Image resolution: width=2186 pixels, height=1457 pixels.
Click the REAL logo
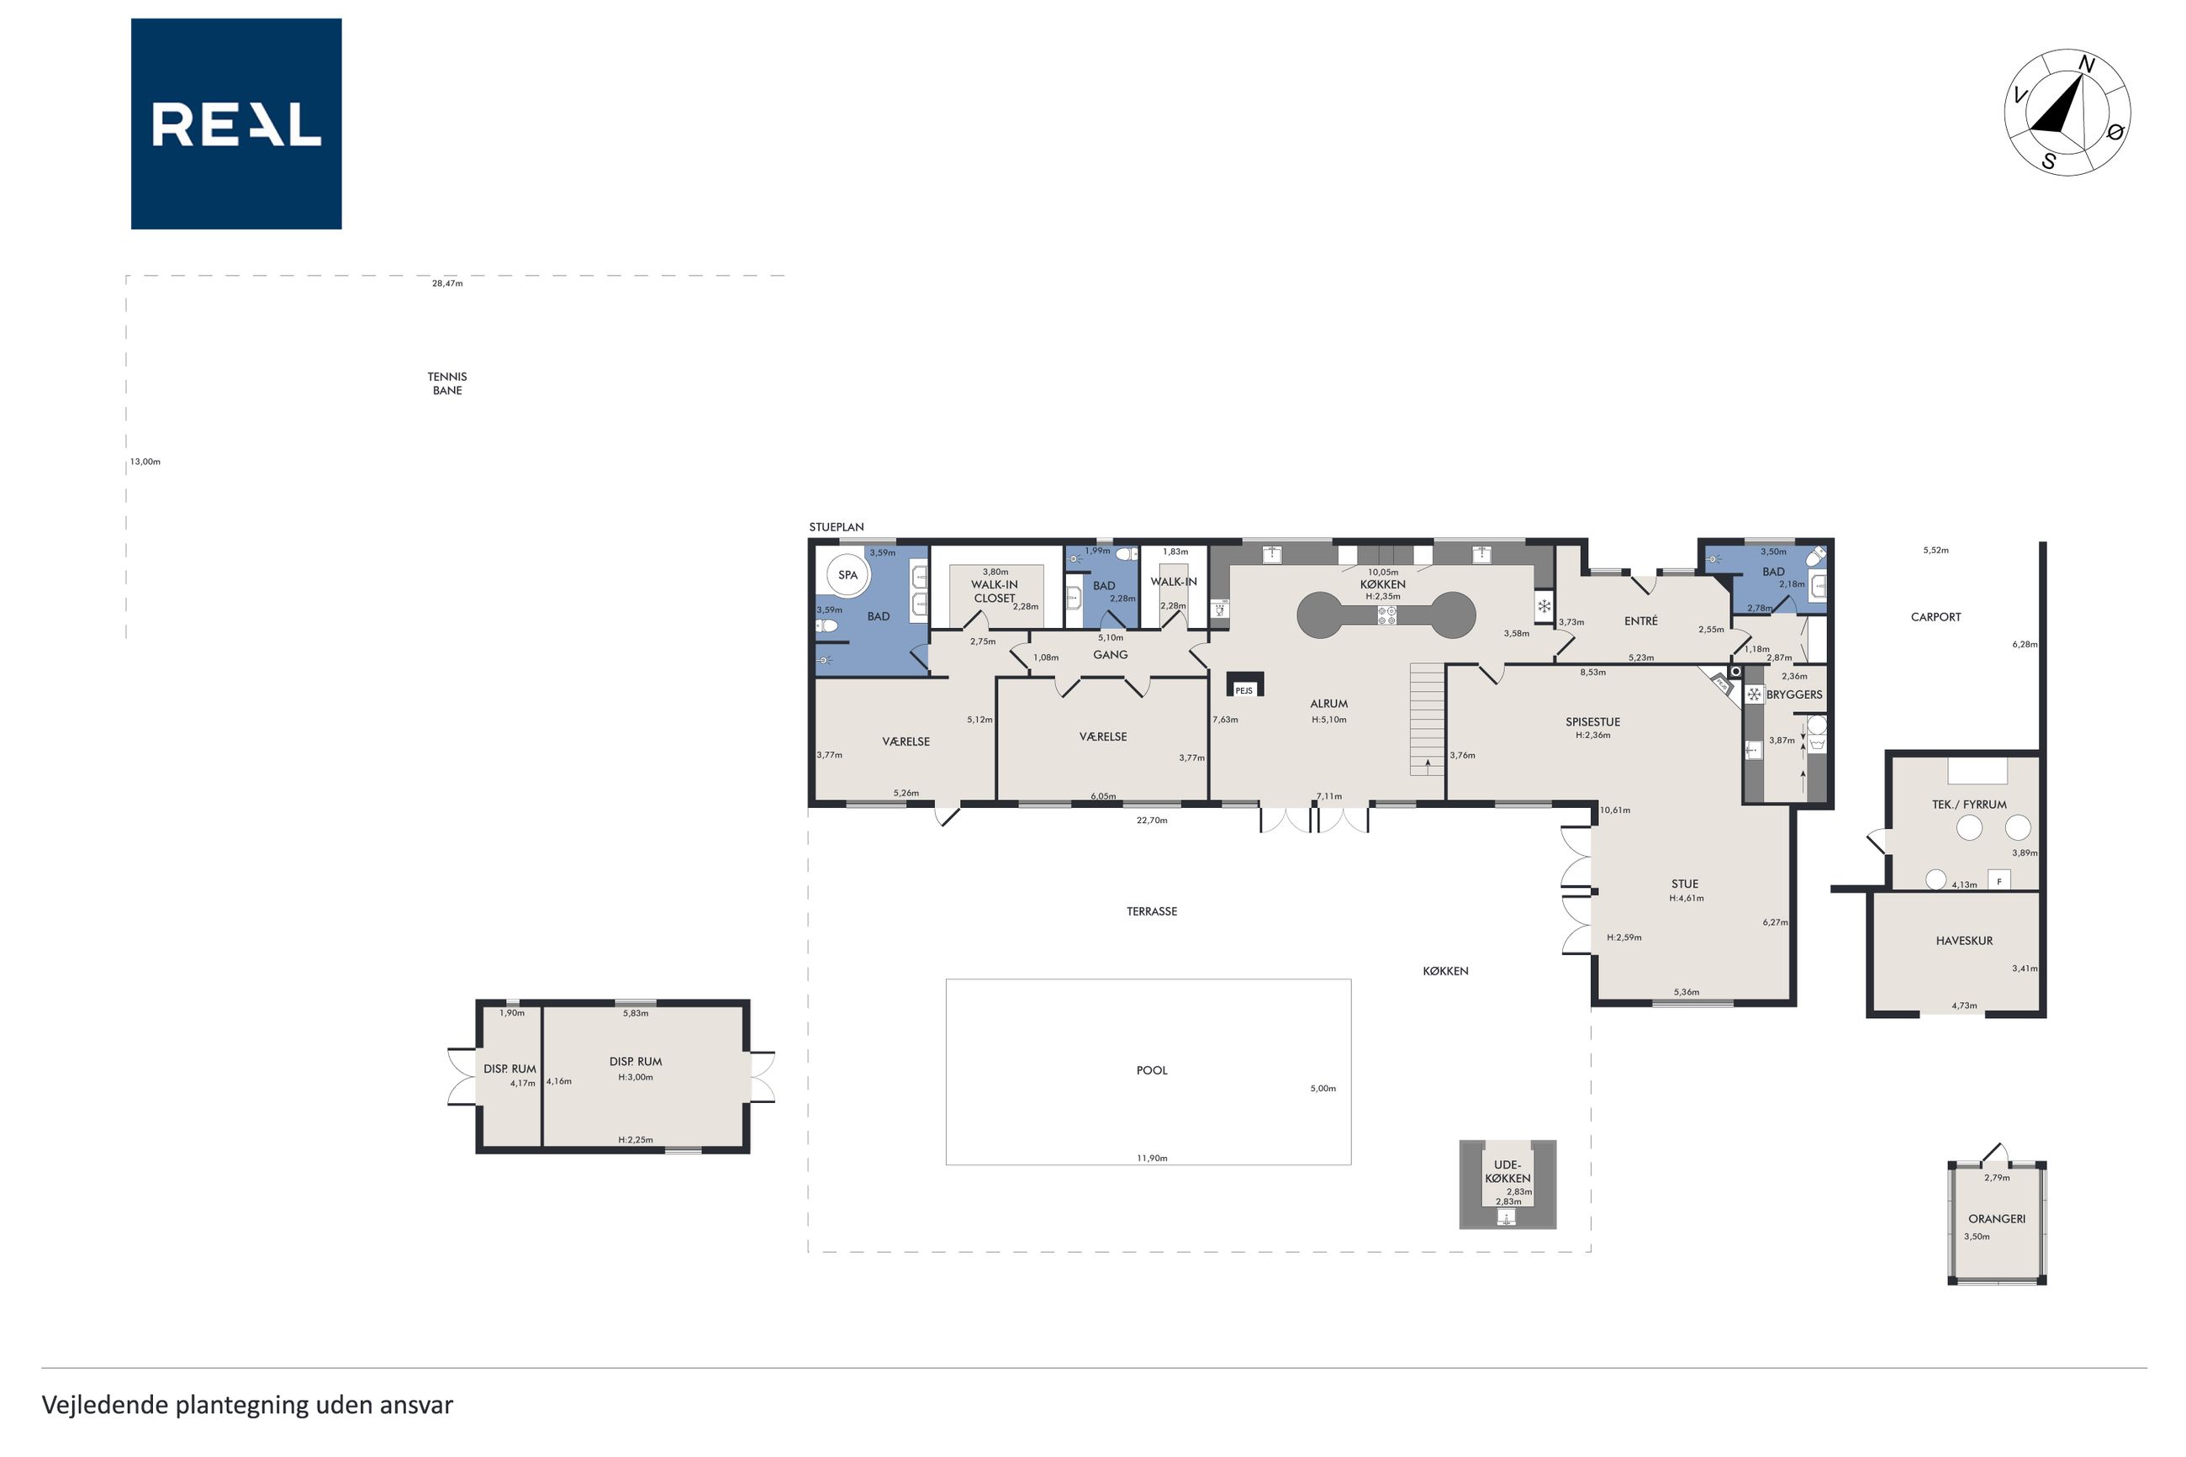(x=236, y=124)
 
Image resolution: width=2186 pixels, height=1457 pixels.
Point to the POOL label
(x=1151, y=1070)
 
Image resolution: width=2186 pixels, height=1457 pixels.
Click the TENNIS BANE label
(x=446, y=383)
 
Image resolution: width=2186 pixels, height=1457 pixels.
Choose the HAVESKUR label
(x=1964, y=940)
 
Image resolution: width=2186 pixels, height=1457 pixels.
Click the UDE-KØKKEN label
(x=1507, y=1172)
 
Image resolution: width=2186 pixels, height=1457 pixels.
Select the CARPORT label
(x=1935, y=617)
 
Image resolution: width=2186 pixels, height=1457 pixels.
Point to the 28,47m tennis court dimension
(x=446, y=283)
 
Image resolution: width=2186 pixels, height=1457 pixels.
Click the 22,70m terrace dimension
(x=1151, y=821)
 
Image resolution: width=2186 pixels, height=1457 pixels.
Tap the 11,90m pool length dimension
(x=1151, y=1158)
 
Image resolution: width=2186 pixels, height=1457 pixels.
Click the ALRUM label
(x=1328, y=705)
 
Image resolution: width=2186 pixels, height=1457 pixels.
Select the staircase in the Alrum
(x=1427, y=719)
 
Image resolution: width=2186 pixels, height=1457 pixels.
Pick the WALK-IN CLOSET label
(x=994, y=592)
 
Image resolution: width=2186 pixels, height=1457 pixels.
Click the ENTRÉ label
(x=1640, y=620)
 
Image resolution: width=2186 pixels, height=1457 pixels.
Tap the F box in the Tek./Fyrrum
(x=1999, y=880)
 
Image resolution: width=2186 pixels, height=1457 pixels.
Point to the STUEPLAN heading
(x=836, y=527)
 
